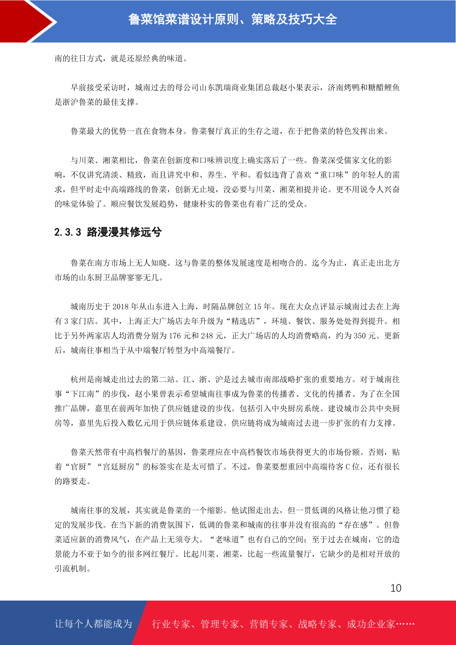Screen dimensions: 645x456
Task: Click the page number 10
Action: [x=396, y=588]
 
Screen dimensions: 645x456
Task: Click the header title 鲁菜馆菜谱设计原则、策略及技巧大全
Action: [x=232, y=20]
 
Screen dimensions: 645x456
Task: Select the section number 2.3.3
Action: [x=68, y=232]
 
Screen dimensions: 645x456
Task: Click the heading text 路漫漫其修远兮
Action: [x=124, y=232]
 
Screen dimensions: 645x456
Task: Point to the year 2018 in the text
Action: [x=120, y=306]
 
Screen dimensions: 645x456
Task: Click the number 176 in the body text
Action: [x=175, y=336]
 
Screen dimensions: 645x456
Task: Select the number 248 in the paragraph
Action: [x=207, y=336]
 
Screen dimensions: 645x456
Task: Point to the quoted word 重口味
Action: [x=332, y=175]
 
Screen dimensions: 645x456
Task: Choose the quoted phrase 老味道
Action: [x=227, y=539]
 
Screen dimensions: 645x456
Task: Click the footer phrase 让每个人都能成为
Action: [x=93, y=624]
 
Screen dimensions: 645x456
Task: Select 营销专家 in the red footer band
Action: [x=268, y=624]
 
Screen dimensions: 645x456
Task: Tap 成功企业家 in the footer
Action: [x=371, y=624]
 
